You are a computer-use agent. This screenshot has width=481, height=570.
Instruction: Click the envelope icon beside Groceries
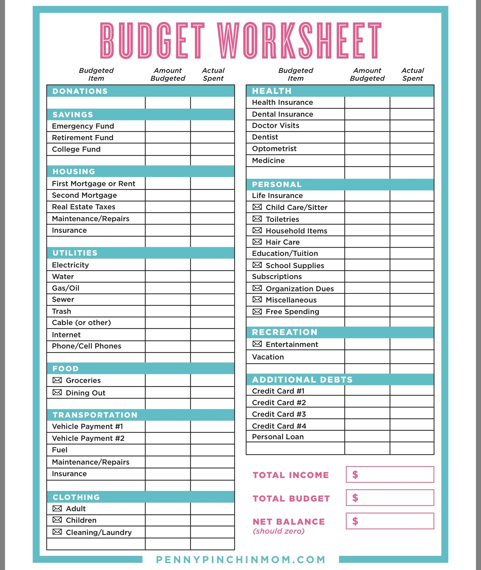[x=57, y=380]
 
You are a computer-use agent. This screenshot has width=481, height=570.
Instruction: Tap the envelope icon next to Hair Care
[x=257, y=242]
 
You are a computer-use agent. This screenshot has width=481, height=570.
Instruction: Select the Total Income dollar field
[x=390, y=475]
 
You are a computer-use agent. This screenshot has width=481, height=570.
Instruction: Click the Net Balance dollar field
[x=390, y=521]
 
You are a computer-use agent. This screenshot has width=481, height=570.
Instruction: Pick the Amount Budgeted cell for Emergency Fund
[x=168, y=126]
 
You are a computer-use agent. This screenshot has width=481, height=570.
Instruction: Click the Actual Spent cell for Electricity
[x=212, y=265]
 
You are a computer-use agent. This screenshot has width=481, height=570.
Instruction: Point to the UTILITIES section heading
[x=75, y=253]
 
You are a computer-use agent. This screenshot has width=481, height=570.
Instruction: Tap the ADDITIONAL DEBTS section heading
[x=302, y=379]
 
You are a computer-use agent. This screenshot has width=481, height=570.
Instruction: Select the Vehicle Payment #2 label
[x=88, y=438]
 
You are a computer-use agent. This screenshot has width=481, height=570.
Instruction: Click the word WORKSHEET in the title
[x=299, y=41]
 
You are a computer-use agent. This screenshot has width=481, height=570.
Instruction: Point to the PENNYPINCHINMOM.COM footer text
[x=240, y=559]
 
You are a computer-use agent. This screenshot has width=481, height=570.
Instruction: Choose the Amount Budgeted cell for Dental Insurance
[x=367, y=114]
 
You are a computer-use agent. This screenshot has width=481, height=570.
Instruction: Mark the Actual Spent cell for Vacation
[x=412, y=357]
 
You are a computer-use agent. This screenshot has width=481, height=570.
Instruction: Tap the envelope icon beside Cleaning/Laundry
[x=57, y=532]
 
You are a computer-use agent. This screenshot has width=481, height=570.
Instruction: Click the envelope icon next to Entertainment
[x=257, y=344]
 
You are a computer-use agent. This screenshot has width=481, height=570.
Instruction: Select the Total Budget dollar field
[x=390, y=498]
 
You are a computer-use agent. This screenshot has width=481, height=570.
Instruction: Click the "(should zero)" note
[x=278, y=531]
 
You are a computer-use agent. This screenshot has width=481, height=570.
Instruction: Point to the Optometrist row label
[x=274, y=149]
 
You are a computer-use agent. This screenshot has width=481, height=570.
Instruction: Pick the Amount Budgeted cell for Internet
[x=168, y=335]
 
